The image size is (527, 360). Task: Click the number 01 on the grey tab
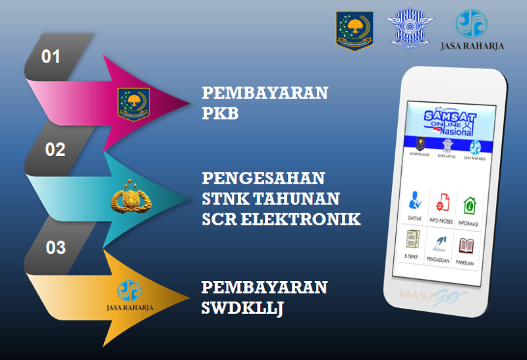tap(51, 57)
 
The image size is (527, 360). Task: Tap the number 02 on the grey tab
tap(55, 149)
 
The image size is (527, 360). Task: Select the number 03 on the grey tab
tap(56, 247)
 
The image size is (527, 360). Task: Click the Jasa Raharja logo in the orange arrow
tap(130, 294)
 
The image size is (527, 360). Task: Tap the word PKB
tap(220, 114)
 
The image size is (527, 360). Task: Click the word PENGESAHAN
tap(263, 178)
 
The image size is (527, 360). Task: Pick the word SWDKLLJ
tap(242, 307)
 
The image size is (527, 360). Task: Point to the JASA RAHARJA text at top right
tap(472, 46)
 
